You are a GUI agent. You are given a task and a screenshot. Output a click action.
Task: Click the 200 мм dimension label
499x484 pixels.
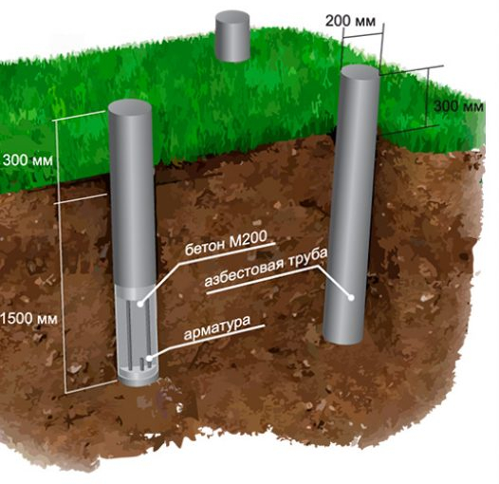point(350,21)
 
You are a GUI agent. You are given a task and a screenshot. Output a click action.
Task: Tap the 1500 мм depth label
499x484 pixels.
point(28,319)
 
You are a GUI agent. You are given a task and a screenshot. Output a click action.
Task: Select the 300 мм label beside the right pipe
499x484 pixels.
point(458,106)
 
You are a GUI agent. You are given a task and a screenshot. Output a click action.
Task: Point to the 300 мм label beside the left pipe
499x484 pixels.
point(28,160)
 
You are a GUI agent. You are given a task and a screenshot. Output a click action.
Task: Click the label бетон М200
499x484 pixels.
point(226,244)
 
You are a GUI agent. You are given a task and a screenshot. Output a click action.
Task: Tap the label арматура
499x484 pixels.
point(217,328)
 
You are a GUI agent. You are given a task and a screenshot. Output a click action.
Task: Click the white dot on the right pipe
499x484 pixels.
point(351,297)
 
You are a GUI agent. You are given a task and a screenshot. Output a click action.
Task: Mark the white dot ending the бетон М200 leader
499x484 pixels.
point(140,304)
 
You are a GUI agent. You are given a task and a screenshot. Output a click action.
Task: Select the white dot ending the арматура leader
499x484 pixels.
point(149,359)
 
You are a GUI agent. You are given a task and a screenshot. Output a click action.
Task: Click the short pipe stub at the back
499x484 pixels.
point(232,37)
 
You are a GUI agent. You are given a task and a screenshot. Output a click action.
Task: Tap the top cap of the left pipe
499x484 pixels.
point(130,107)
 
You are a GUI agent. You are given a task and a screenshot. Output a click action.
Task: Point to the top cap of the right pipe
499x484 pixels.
point(360,71)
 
